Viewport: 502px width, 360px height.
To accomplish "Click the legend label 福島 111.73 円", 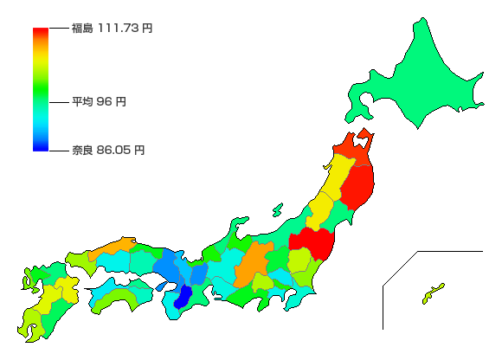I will pyautogui.click(x=112, y=29).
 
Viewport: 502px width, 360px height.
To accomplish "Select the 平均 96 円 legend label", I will pyautogui.click(x=99, y=102).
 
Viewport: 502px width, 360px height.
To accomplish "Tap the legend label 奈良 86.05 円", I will pyautogui.click(x=108, y=150).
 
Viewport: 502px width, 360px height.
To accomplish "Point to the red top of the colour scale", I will pyautogui.click(x=40, y=32).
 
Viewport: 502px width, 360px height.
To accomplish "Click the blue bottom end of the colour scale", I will pyautogui.click(x=40, y=147).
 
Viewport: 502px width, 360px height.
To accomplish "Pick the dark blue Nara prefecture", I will pyautogui.click(x=184, y=297).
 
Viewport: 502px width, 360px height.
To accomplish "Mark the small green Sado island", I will pyautogui.click(x=277, y=209).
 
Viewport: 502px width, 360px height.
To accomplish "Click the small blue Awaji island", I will pyautogui.click(x=162, y=286).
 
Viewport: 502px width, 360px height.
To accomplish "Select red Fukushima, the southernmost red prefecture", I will pyautogui.click(x=312, y=242).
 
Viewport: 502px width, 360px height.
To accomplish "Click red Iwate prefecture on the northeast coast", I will pyautogui.click(x=358, y=186).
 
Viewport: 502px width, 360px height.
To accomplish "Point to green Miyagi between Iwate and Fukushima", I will pyautogui.click(x=342, y=216).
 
